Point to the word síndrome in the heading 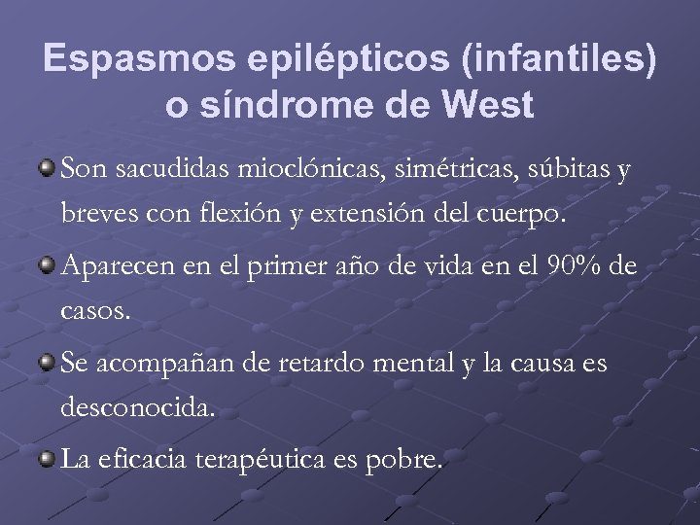pos(292,105)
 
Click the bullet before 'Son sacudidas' pos(48,168)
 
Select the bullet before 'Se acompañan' pos(48,362)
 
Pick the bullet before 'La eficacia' pos(48,456)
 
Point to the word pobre pos(409,459)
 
